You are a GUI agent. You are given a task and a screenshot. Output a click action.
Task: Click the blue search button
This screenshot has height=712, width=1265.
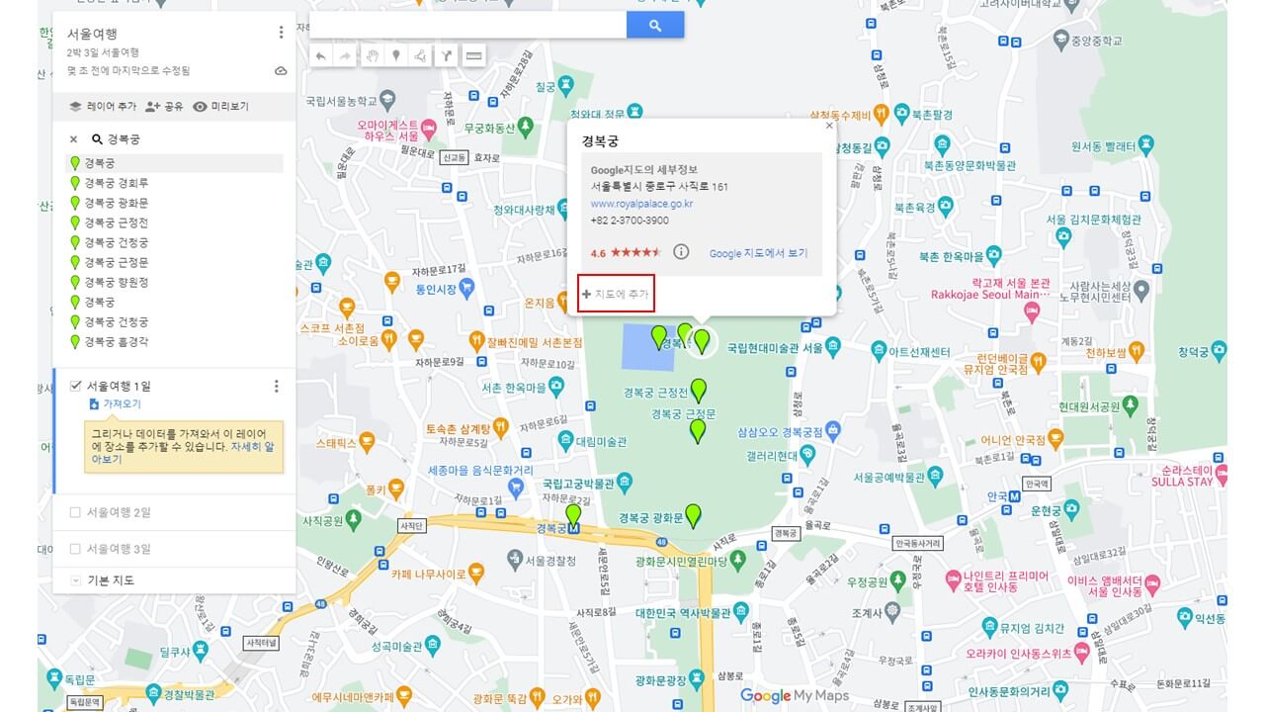pos(654,26)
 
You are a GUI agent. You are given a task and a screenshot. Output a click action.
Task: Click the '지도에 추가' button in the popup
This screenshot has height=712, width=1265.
pos(617,294)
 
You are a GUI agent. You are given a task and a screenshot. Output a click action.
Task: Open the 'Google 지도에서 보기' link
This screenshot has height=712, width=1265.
pos(758,253)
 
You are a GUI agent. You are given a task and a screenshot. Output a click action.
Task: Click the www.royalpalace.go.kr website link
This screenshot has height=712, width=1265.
pos(641,204)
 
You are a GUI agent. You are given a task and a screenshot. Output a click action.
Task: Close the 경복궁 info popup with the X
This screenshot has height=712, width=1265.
pos(829,126)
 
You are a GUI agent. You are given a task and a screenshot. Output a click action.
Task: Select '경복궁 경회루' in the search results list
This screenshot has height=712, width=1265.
pos(117,183)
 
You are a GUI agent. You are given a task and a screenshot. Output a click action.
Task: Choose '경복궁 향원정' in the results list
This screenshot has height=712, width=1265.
pos(117,282)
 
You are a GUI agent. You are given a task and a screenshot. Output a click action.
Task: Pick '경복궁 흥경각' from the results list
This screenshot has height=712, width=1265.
pos(117,341)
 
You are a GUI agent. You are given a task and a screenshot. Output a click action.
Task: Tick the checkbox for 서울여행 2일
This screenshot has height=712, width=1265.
pos(75,512)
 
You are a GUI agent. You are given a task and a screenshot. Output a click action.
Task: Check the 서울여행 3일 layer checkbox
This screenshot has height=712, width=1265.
pos(75,549)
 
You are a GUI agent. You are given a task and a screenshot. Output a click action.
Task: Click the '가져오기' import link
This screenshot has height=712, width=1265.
pos(122,404)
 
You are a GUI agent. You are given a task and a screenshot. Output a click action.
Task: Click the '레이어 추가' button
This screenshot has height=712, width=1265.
pos(103,107)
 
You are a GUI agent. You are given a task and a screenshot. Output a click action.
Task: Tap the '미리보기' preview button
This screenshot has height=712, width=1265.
pos(220,107)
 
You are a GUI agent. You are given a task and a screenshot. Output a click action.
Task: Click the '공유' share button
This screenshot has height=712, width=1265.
pos(164,107)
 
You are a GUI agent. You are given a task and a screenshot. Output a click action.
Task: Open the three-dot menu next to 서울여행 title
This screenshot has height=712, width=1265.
pos(281,33)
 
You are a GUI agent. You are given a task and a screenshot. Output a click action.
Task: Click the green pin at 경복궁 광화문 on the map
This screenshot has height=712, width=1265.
pos(693,514)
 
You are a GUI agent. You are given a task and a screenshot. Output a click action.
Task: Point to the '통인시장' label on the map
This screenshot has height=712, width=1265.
pos(435,289)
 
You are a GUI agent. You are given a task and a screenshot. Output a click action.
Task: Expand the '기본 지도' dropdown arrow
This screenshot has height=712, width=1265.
pos(76,580)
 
